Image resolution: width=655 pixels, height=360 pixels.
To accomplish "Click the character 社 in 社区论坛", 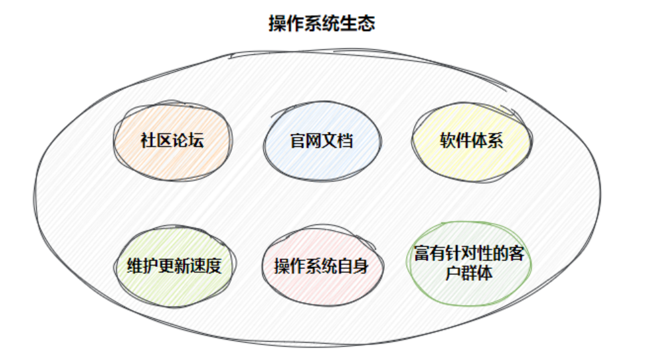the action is pyautogui.click(x=148, y=141).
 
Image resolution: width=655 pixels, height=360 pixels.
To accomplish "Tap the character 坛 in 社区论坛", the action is pyautogui.click(x=196, y=141).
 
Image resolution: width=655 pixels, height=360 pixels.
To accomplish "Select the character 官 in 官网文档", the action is pyautogui.click(x=298, y=141).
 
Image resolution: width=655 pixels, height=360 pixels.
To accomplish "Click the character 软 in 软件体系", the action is pyautogui.click(x=447, y=141).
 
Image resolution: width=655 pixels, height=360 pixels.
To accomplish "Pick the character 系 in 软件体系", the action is pyautogui.click(x=496, y=141).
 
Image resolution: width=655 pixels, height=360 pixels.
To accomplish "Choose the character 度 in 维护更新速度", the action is pyautogui.click(x=213, y=266).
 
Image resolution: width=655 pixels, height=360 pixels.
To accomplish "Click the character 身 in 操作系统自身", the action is pyautogui.click(x=360, y=266).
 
